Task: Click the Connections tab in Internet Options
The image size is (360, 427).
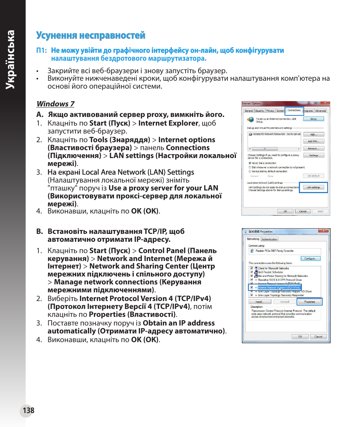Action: (x=294, y=111)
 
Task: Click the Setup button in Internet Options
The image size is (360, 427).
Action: (x=314, y=119)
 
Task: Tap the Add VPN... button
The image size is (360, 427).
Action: (x=314, y=141)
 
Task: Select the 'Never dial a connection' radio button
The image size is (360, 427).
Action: (x=250, y=163)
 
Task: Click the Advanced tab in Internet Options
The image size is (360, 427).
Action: (x=320, y=111)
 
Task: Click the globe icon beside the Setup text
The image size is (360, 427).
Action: (x=251, y=120)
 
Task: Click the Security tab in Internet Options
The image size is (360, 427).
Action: (x=260, y=111)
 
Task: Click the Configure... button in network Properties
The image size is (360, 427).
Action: (x=311, y=258)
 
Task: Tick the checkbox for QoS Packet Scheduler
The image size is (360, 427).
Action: (x=251, y=272)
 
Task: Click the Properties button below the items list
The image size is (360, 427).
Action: (x=309, y=302)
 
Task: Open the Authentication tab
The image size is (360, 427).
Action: (x=269, y=239)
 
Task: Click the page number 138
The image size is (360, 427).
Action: (x=28, y=410)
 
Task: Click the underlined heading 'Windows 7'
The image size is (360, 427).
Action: (x=55, y=104)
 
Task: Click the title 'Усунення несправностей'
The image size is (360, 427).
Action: (x=91, y=35)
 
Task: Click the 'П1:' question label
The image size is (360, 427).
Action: (x=42, y=51)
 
